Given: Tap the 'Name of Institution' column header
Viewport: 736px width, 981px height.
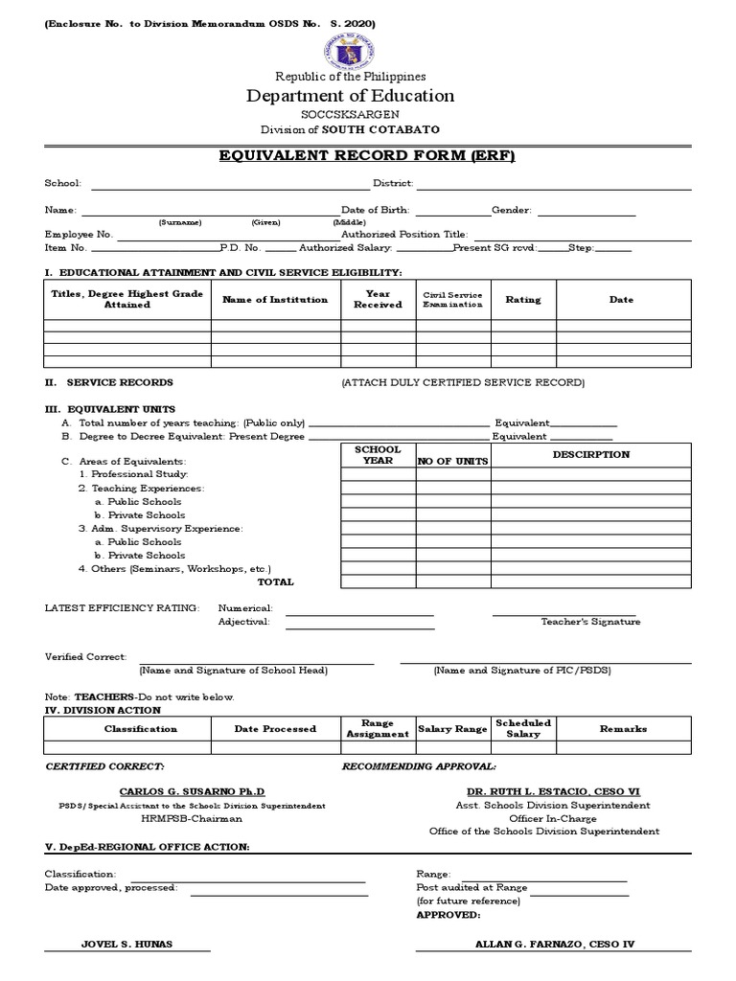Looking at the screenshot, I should click(275, 300).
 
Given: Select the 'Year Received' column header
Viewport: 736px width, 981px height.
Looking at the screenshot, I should click(378, 300).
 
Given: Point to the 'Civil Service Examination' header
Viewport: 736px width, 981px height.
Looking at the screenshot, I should click(453, 300).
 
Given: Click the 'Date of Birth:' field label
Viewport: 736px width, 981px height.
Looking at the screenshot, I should click(376, 209).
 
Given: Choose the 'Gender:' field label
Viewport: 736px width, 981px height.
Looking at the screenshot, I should click(512, 209).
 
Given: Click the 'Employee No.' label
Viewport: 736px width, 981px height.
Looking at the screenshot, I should click(79, 234).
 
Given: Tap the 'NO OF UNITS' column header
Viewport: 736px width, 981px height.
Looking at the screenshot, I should click(452, 461).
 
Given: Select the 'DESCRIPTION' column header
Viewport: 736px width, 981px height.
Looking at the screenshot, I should click(591, 455).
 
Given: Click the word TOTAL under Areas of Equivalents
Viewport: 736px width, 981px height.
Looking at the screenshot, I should click(276, 582).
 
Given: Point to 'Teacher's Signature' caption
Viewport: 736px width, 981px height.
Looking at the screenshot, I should click(590, 622).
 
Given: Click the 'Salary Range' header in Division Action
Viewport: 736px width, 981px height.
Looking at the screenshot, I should click(453, 729).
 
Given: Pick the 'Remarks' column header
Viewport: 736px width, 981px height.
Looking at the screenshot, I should click(623, 729).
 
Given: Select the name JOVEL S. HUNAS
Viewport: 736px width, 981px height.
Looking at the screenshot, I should click(127, 944).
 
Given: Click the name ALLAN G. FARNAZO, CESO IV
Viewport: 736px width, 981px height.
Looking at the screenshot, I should click(555, 944).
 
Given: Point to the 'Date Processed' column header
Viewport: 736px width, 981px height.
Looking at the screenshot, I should click(275, 729).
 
